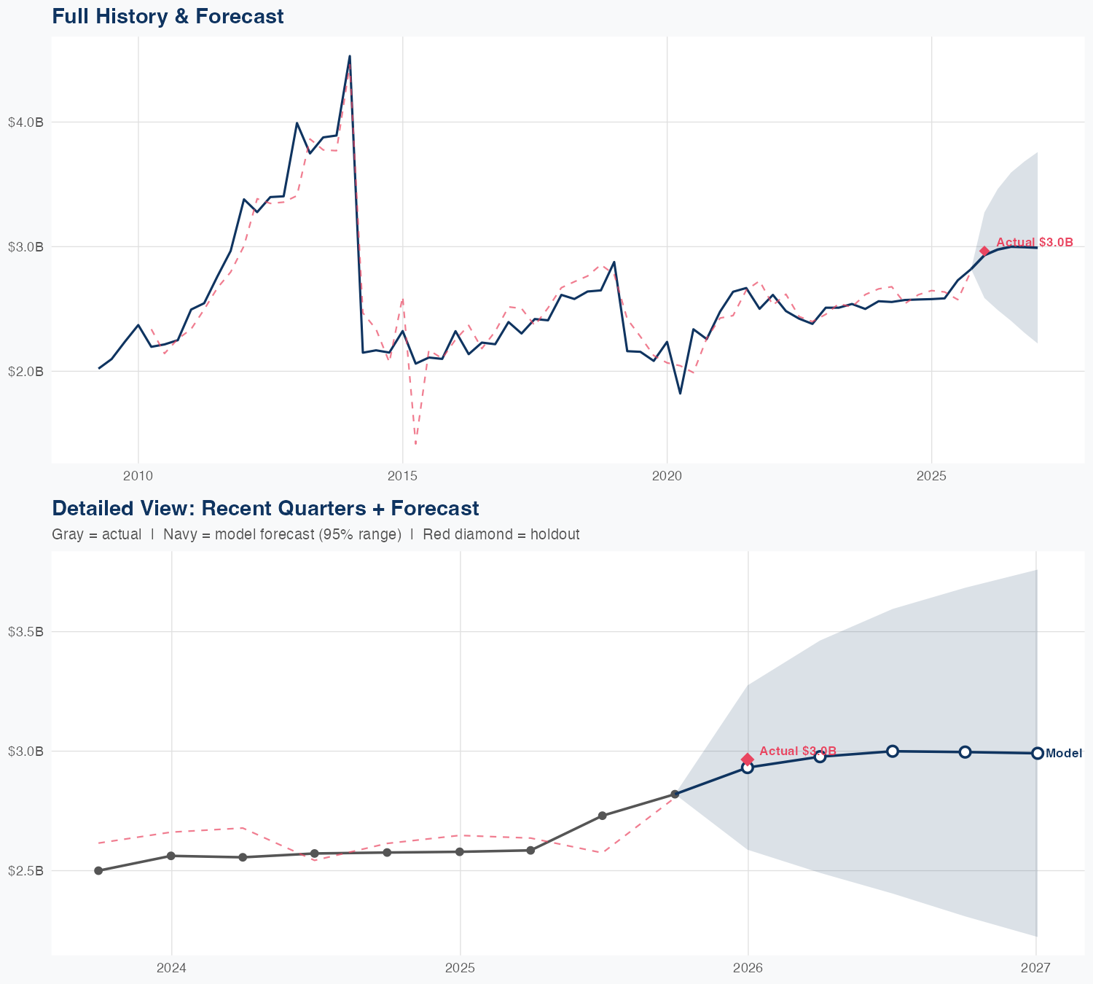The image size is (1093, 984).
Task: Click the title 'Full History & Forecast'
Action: pyautogui.click(x=168, y=16)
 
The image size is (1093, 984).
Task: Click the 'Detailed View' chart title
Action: pyautogui.click(x=265, y=508)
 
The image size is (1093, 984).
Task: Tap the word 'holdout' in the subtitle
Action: pyautogui.click(x=555, y=534)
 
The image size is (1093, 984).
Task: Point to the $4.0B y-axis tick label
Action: pyautogui.click(x=26, y=122)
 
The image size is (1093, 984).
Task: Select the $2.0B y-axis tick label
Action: pyautogui.click(x=26, y=372)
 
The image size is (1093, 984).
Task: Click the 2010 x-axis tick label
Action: pyautogui.click(x=138, y=476)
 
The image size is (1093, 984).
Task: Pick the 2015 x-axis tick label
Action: pyautogui.click(x=402, y=476)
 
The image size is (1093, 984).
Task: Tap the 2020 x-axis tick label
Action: pyautogui.click(x=667, y=476)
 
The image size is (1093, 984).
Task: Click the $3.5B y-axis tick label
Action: pyautogui.click(x=26, y=632)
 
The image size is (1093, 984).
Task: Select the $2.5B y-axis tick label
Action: pyautogui.click(x=26, y=871)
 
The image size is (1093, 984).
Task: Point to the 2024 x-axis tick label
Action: pyautogui.click(x=171, y=968)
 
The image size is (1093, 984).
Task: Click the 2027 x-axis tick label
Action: pyautogui.click(x=1035, y=968)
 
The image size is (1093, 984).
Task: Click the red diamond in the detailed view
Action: pyautogui.click(x=747, y=760)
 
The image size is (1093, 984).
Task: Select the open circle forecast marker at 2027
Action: pyautogui.click(x=1037, y=753)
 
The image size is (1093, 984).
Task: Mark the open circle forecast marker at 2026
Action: pyautogui.click(x=747, y=768)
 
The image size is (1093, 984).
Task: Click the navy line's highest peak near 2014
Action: pyautogui.click(x=350, y=56)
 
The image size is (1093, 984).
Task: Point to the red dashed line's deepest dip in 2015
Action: pyautogui.click(x=415, y=443)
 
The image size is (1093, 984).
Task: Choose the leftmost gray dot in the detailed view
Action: pyautogui.click(x=98, y=871)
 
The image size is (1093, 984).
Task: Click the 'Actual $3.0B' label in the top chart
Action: pyautogui.click(x=1034, y=243)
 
